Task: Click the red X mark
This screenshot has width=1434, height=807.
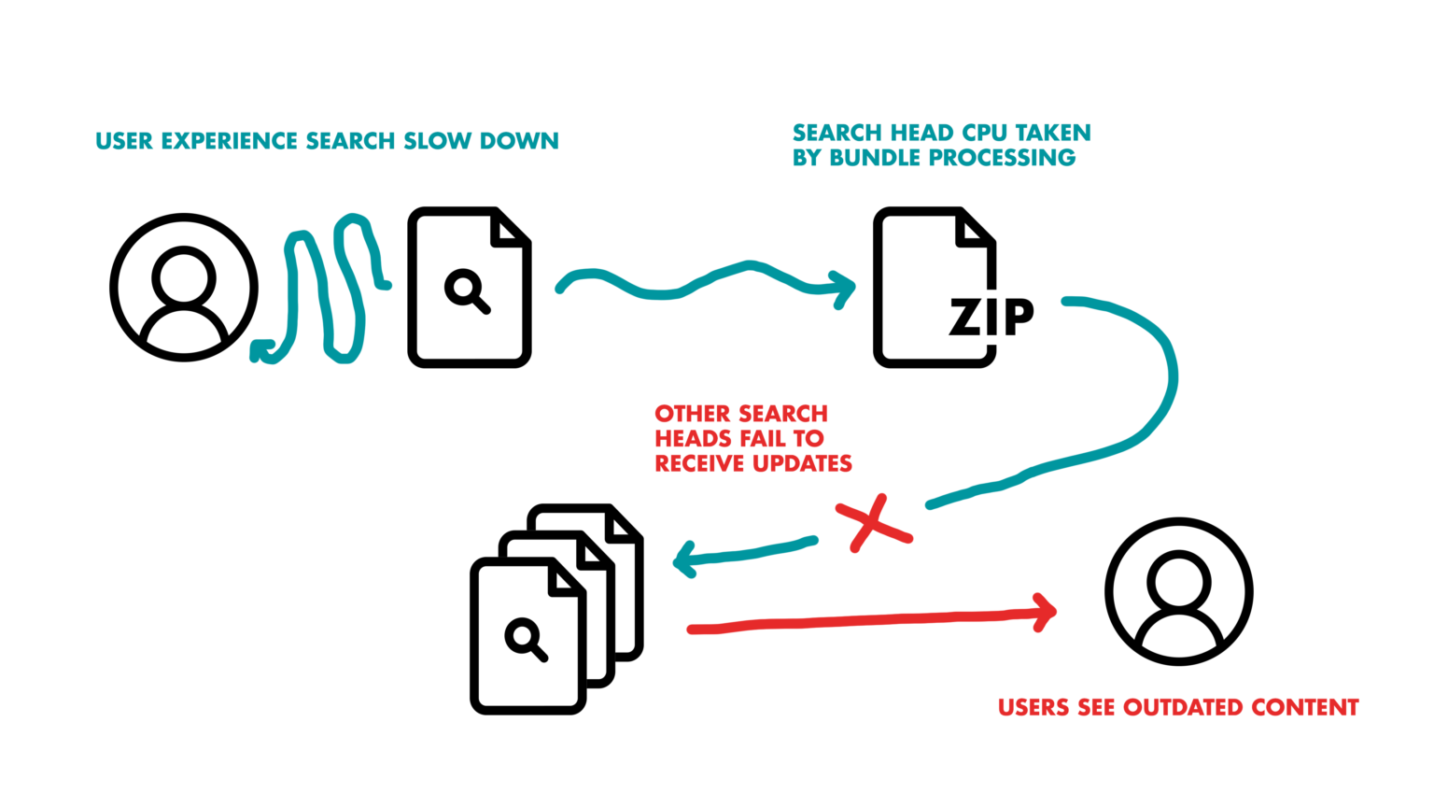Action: [872, 524]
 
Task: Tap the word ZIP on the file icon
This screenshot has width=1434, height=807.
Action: [991, 318]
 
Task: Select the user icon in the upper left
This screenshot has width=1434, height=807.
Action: [184, 287]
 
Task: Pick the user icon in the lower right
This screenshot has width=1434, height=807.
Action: [1178, 591]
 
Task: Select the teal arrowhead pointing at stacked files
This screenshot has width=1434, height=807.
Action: [684, 560]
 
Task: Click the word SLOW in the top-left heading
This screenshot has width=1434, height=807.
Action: [438, 141]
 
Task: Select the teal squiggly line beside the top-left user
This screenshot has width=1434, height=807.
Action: [322, 290]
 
